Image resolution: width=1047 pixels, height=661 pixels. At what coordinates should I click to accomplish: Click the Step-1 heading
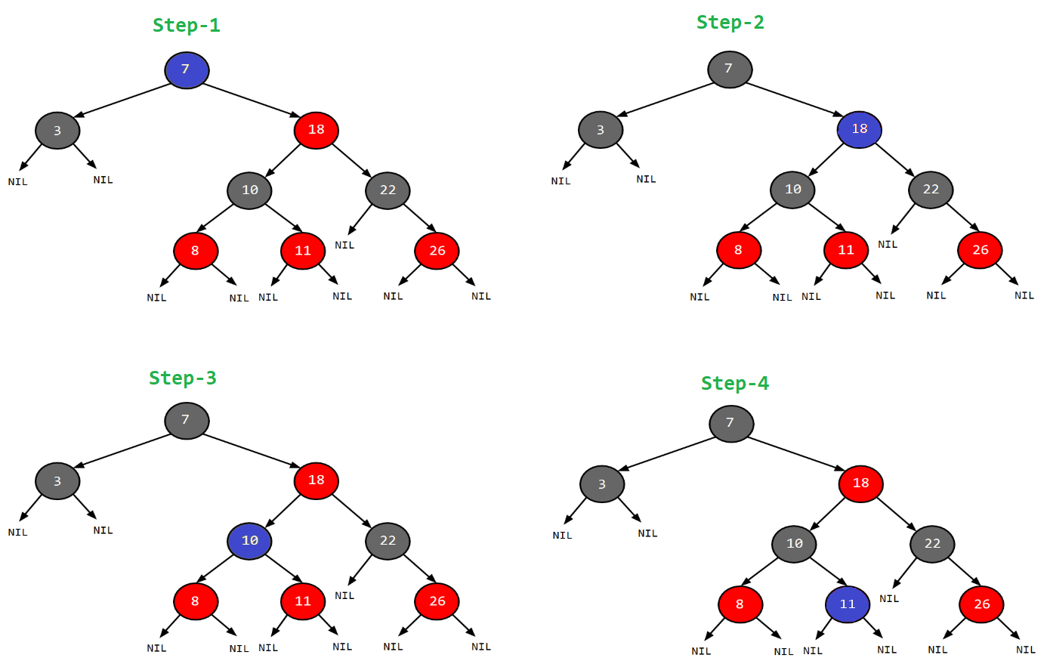(x=186, y=26)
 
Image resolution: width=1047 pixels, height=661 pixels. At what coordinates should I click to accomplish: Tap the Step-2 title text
(x=730, y=23)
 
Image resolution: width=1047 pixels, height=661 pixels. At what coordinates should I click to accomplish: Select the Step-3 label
(x=183, y=378)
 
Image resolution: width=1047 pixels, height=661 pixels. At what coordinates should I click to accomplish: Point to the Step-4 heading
(x=734, y=384)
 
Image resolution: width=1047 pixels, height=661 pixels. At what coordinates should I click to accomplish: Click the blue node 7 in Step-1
(x=187, y=70)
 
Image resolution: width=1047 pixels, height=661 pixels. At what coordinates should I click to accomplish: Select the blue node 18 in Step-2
(x=860, y=129)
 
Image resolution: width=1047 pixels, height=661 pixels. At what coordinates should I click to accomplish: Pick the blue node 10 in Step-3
(x=250, y=541)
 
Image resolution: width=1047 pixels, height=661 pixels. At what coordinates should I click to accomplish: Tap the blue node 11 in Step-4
(x=848, y=604)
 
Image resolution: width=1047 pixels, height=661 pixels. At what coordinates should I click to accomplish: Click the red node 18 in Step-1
(x=317, y=130)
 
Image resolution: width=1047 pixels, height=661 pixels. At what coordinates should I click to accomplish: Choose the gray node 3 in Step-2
(x=601, y=130)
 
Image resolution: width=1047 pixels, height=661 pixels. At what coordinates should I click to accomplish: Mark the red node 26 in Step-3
(x=437, y=601)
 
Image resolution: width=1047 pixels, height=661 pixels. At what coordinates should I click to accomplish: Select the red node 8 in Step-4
(x=740, y=604)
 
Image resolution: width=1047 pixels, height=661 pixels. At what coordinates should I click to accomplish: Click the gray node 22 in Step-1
(x=388, y=190)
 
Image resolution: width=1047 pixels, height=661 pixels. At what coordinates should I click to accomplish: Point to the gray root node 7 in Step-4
(x=730, y=423)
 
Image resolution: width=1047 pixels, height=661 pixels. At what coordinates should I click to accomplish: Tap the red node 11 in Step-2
(x=846, y=250)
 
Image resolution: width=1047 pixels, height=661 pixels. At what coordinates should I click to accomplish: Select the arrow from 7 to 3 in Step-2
(x=665, y=100)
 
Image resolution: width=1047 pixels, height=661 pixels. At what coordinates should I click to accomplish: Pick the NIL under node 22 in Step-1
(x=344, y=245)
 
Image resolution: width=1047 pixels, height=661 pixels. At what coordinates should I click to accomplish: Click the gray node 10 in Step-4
(x=794, y=544)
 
